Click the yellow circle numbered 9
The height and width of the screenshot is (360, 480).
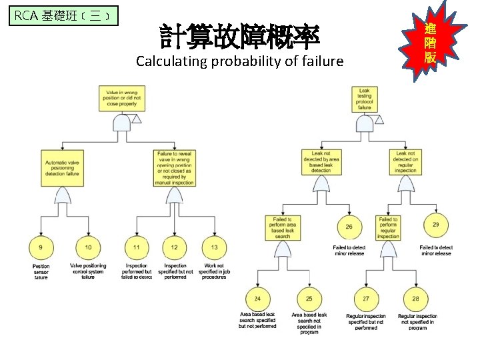[x=41, y=249]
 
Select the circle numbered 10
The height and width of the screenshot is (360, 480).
[x=88, y=249]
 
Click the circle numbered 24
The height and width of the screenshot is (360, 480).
[x=257, y=298]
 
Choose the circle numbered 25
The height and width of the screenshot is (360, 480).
[x=309, y=298]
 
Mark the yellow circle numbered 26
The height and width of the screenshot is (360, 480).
[x=349, y=227]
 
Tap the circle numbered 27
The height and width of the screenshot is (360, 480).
[x=366, y=298]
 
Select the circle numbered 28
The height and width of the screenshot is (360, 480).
[x=416, y=298]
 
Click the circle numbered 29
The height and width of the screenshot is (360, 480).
[x=435, y=225]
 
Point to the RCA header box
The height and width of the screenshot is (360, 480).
[x=64, y=15]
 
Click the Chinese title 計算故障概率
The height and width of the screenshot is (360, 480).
[x=239, y=37]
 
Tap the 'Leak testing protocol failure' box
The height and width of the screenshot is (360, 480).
[x=365, y=99]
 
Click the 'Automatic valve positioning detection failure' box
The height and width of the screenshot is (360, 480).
[x=62, y=167]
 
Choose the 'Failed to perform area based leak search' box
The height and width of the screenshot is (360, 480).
[x=282, y=227]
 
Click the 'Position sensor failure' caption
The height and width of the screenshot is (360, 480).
[x=41, y=271]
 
